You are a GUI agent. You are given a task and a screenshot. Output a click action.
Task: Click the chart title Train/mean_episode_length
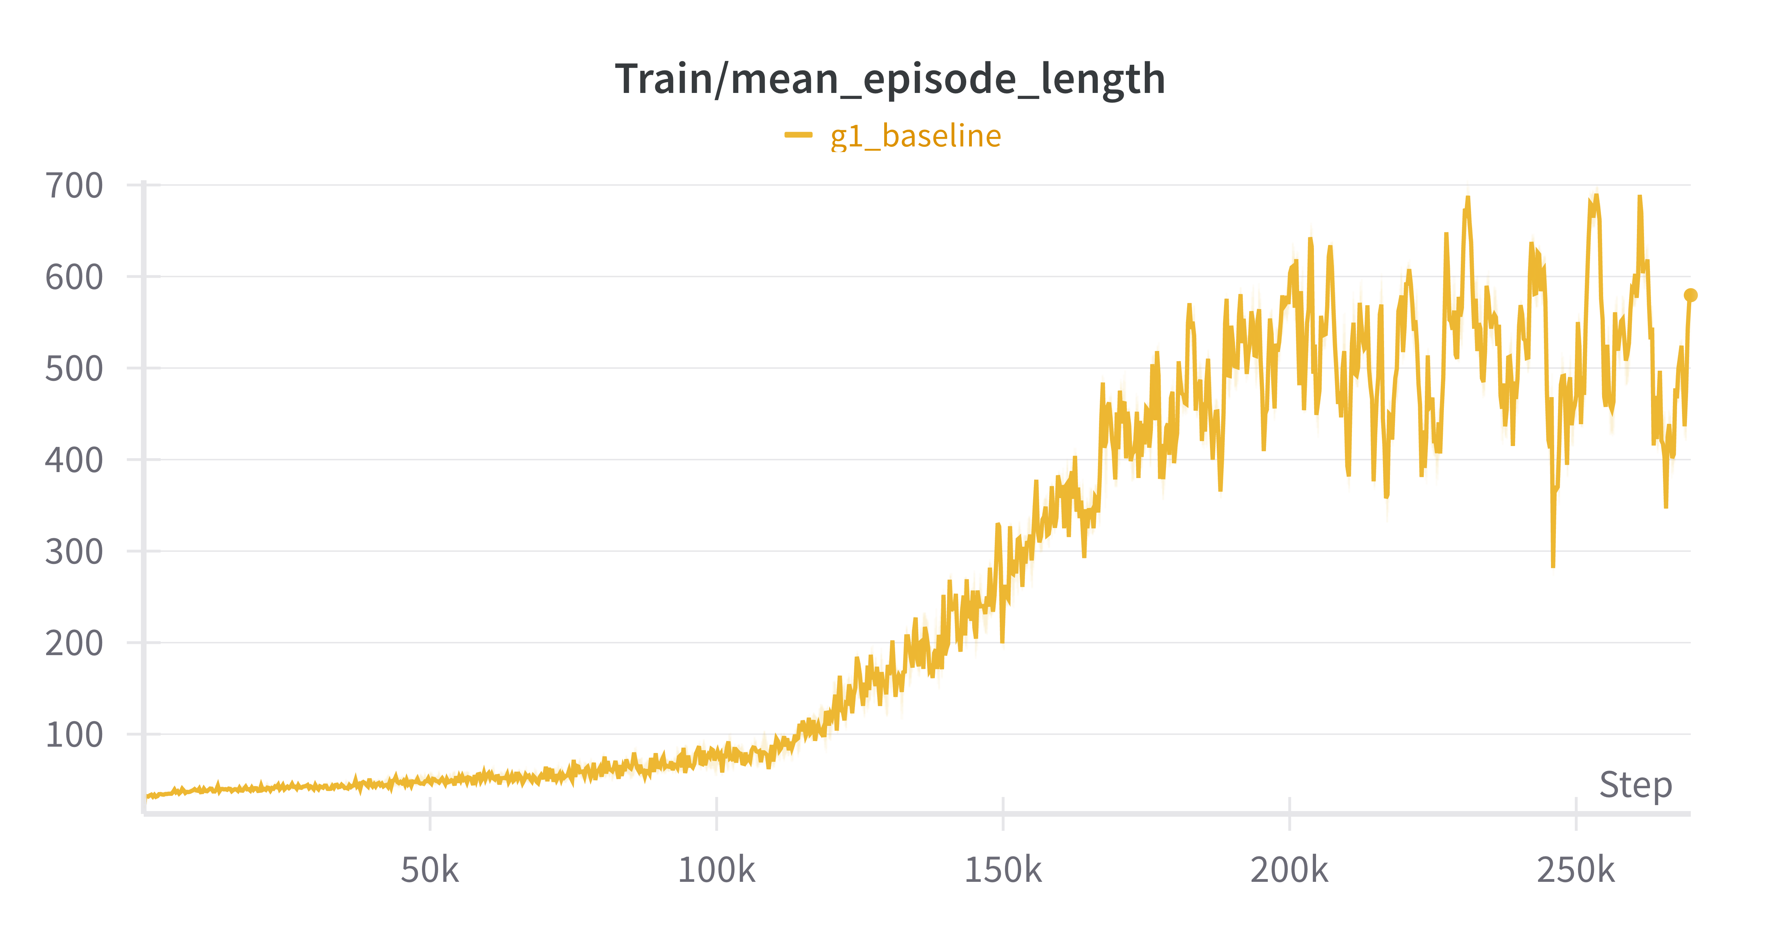(x=890, y=79)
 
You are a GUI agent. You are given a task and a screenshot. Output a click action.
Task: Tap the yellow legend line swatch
(x=798, y=135)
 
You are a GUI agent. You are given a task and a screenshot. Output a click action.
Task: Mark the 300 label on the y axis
(x=74, y=552)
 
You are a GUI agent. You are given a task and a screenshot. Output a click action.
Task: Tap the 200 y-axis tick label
(x=74, y=644)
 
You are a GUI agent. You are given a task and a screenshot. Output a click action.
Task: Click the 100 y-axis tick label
(x=74, y=735)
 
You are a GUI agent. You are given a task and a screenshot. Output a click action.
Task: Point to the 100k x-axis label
(x=716, y=870)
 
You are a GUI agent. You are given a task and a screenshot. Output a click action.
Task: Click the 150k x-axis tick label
(x=1003, y=870)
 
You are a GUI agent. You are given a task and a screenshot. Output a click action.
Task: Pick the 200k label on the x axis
(x=1289, y=870)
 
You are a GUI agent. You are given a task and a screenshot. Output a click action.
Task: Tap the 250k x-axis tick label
(x=1576, y=870)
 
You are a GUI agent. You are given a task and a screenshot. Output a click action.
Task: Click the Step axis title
(x=1635, y=785)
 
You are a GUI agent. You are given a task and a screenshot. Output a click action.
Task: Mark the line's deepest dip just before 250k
(x=1553, y=565)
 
